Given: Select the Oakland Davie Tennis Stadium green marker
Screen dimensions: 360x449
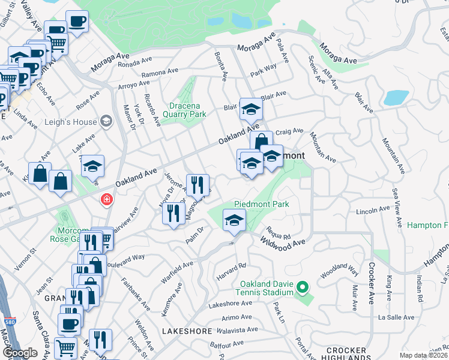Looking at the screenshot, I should tap(303, 290).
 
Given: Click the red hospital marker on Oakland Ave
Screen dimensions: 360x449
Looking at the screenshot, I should tap(107, 199).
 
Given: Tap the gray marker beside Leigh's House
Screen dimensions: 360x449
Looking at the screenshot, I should tap(106, 122).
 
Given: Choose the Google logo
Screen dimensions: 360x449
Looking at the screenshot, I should tap(20, 352).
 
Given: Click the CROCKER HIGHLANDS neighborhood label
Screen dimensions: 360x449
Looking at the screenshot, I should tap(346, 354).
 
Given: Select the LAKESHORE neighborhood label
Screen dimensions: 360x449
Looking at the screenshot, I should tap(187, 331).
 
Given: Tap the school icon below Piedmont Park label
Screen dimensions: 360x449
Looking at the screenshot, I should tap(234, 220).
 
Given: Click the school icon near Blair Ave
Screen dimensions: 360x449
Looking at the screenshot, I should tap(251, 109).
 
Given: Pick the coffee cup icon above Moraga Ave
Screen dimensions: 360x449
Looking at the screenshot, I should tap(76, 22).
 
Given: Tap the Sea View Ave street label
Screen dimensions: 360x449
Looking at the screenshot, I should tap(397, 207).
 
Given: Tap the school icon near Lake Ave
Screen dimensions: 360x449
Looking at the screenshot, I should tap(92, 166).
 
